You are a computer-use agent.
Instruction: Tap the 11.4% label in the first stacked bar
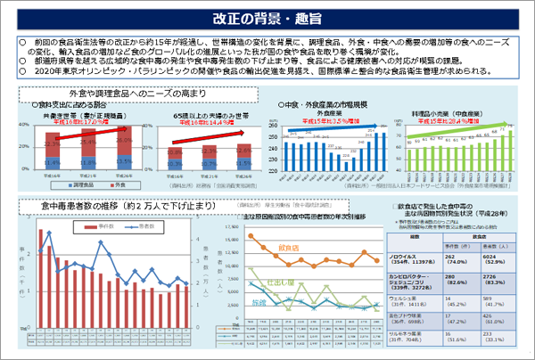(x=52, y=163)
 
